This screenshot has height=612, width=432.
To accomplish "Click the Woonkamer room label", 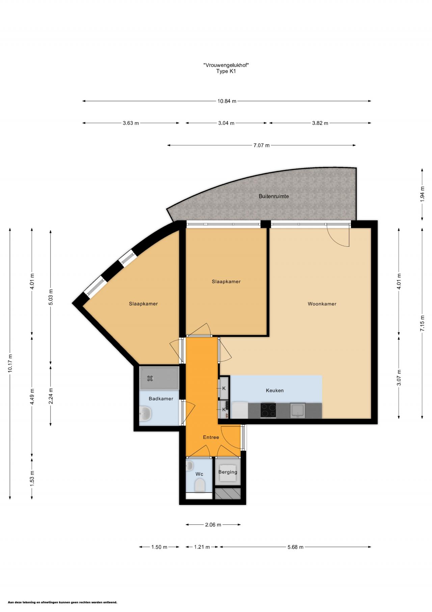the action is click(x=322, y=304).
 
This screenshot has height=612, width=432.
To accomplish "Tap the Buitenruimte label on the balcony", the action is click(x=274, y=196).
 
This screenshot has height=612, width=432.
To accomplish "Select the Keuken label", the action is click(x=275, y=390).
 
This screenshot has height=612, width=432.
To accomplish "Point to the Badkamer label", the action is click(x=161, y=398).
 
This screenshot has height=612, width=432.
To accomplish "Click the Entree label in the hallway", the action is click(x=211, y=437).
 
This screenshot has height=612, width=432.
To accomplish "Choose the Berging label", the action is click(x=228, y=472).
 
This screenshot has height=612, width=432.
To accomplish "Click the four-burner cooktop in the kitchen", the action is click(x=268, y=410).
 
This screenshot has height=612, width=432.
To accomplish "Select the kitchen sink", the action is click(x=298, y=410).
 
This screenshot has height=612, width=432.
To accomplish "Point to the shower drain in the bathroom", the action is click(x=151, y=378).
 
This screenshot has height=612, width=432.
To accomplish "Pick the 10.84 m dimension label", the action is click(x=227, y=101).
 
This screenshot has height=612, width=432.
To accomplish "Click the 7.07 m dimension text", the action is click(x=262, y=145).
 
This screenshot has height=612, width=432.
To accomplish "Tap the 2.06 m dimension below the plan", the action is click(x=213, y=524).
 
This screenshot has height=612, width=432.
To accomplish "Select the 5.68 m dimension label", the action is click(x=295, y=547).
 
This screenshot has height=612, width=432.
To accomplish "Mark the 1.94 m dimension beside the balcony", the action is click(x=422, y=194).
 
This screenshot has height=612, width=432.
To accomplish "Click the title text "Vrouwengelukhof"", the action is click(x=226, y=65).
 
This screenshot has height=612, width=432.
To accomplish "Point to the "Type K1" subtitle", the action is click(x=226, y=71).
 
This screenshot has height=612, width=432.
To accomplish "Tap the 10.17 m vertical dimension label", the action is click(x=10, y=363).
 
